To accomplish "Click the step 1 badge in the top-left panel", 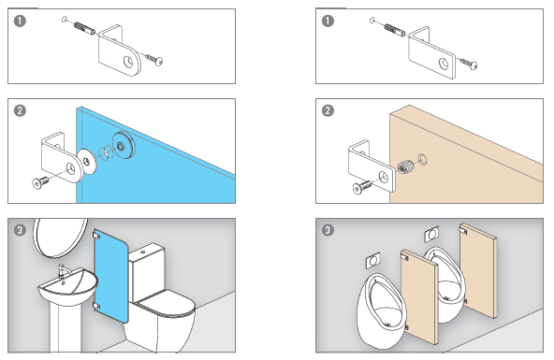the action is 20,21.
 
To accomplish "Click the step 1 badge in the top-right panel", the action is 328,21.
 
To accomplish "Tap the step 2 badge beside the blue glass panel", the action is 20,110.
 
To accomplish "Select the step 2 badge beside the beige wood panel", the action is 328,110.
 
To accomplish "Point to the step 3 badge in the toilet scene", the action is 20,230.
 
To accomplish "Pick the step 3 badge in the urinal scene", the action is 328,230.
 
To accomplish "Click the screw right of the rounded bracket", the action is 153,60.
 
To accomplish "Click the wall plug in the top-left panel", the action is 83,29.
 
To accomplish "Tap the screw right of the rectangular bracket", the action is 469,64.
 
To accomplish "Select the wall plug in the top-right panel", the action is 394,30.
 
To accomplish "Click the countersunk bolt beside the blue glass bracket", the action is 40,182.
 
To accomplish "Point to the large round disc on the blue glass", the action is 124,144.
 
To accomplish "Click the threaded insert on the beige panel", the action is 405,166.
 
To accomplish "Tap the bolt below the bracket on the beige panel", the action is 362,187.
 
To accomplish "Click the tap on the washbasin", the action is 63,270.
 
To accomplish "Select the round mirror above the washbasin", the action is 60,237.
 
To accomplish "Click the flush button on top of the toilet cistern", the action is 143,252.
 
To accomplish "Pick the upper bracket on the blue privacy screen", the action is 96,235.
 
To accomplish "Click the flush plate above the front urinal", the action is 373,261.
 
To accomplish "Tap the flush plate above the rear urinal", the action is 431,235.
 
